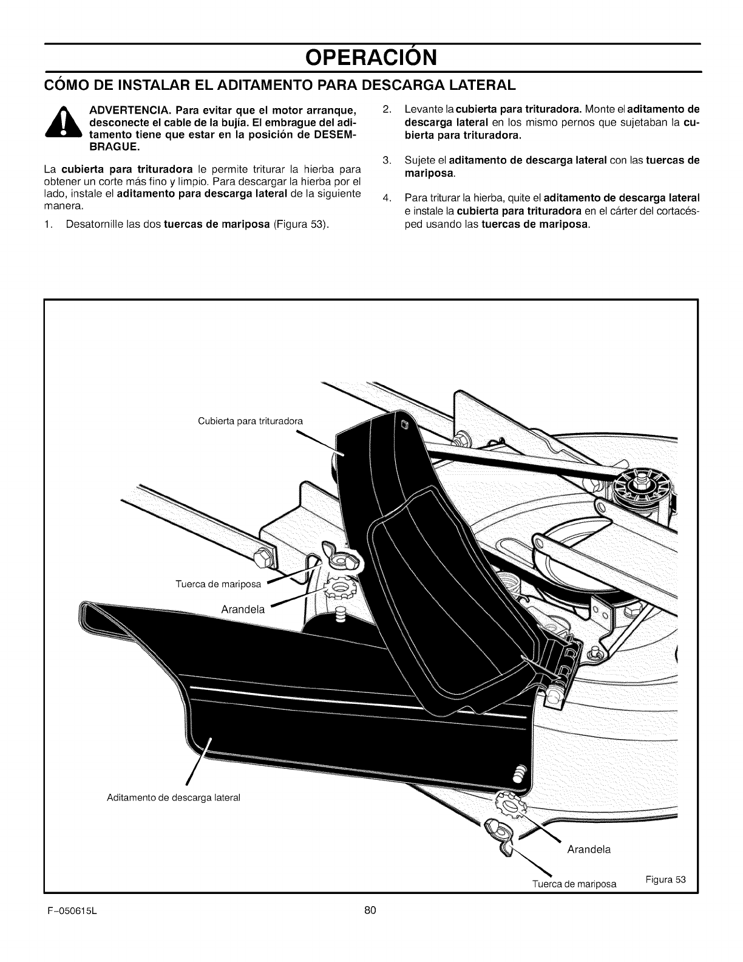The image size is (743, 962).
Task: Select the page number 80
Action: pyautogui.click(x=371, y=909)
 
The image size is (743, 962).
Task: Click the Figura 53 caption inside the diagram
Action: pyautogui.click(x=665, y=880)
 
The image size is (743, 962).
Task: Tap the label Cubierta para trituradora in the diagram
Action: pyautogui.click(x=250, y=421)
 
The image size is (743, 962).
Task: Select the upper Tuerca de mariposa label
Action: pyautogui.click(x=218, y=585)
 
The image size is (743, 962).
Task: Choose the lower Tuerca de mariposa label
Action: pyautogui.click(x=574, y=884)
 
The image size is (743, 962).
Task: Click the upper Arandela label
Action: pyautogui.click(x=243, y=610)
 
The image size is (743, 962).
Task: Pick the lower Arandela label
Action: pyautogui.click(x=588, y=849)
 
